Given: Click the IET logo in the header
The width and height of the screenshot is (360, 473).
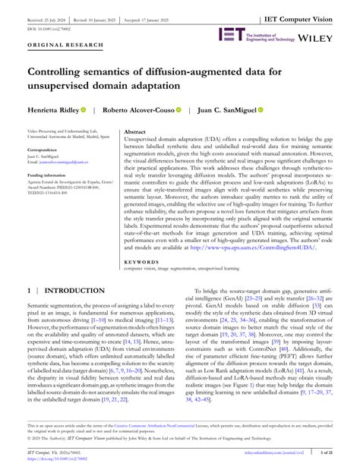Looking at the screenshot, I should [231, 35].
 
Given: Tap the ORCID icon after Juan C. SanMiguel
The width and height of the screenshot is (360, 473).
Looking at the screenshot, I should [260, 110].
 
